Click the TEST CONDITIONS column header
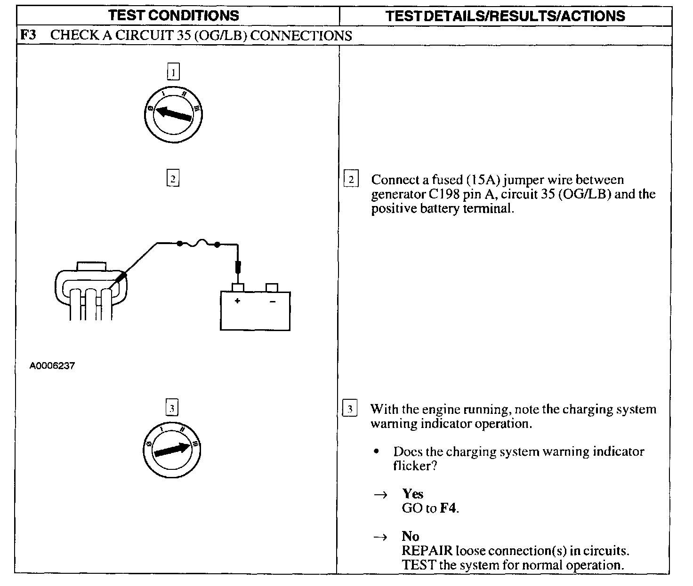(174, 16)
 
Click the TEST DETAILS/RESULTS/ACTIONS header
(505, 16)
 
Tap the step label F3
(29, 35)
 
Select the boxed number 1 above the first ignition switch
(174, 72)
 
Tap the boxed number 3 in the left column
(172, 408)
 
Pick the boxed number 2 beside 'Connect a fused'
(351, 180)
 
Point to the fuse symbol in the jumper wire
(198, 243)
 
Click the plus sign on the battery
(237, 301)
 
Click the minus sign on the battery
(272, 301)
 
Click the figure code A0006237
(52, 365)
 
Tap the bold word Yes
(412, 494)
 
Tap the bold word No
(411, 536)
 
